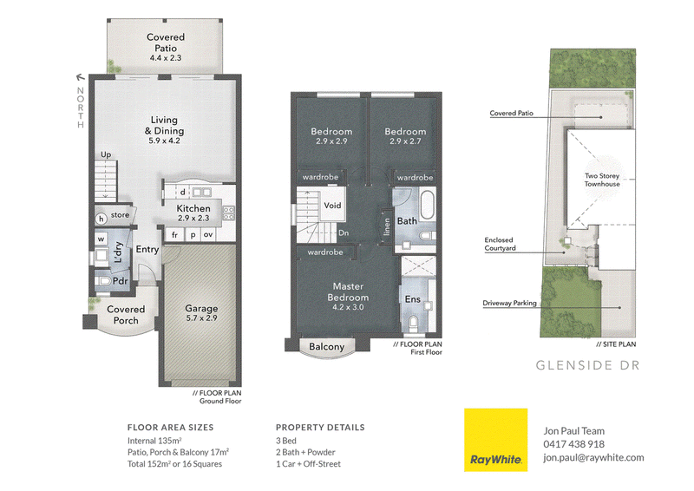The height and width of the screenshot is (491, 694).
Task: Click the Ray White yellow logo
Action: [x=495, y=440]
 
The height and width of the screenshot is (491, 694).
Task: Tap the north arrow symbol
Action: [x=80, y=78]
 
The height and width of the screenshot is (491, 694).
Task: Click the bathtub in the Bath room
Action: [x=427, y=204]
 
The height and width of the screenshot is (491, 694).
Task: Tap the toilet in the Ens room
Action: [x=414, y=322]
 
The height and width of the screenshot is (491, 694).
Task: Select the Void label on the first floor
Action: [x=332, y=206]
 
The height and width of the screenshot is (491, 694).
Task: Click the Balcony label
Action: [x=327, y=347]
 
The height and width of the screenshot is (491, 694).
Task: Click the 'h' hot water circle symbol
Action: [x=101, y=219]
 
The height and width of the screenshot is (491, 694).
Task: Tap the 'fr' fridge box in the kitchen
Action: [x=175, y=234]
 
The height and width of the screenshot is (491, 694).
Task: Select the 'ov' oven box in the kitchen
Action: [x=208, y=234]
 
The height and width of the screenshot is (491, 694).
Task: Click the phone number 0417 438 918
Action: [x=573, y=444]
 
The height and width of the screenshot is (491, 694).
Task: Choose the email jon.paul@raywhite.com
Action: [x=593, y=458]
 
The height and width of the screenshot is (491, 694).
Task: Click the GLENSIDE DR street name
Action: [x=588, y=365]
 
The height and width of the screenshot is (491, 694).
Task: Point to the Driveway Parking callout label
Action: [x=509, y=303]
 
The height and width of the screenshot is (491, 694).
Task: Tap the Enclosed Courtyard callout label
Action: [x=500, y=244]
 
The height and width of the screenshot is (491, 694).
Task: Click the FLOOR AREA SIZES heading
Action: [x=170, y=428]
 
